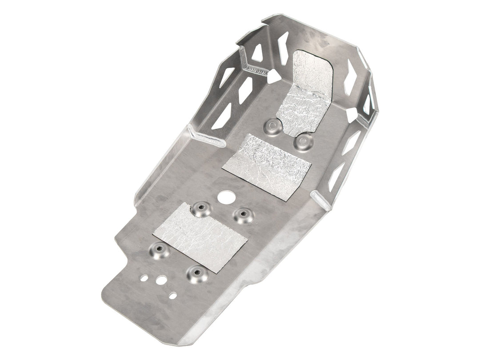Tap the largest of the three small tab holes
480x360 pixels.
pyautogui.click(x=161, y=280)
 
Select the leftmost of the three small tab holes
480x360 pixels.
pyautogui.click(x=144, y=278)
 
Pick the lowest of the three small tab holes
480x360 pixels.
pyautogui.click(x=172, y=296)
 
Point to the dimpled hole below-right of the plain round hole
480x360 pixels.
pyautogui.click(x=244, y=215)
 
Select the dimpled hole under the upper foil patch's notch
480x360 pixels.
pyautogui.click(x=304, y=141)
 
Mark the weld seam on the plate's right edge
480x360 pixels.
pyautogui.click(x=323, y=200)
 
